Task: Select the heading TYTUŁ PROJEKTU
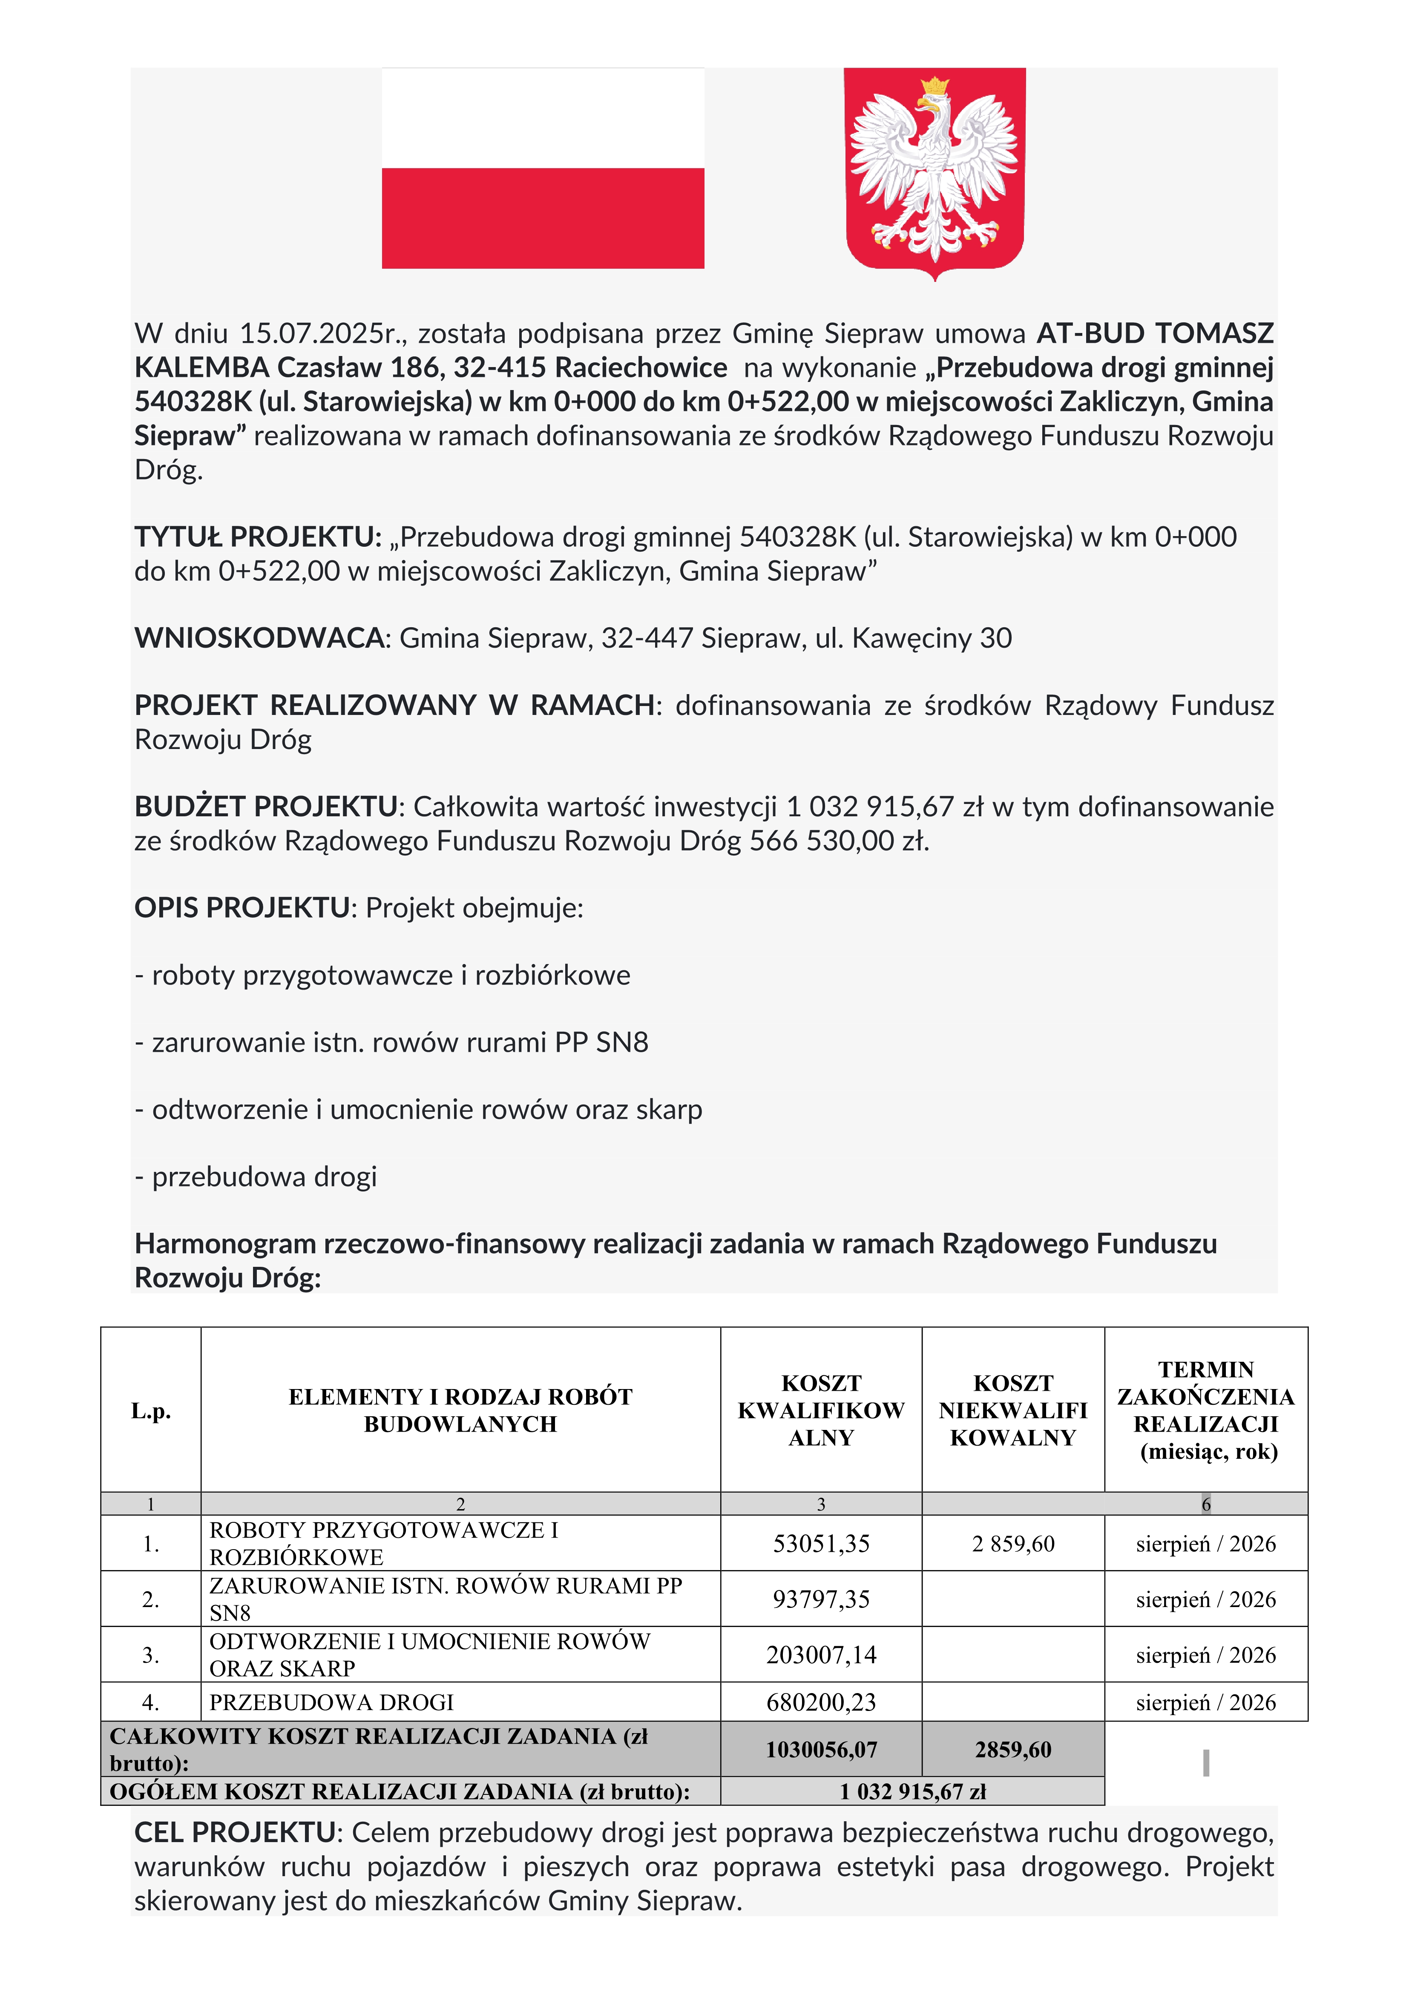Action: tap(257, 537)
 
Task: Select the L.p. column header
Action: tap(151, 1412)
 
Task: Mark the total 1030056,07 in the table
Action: tap(821, 1750)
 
